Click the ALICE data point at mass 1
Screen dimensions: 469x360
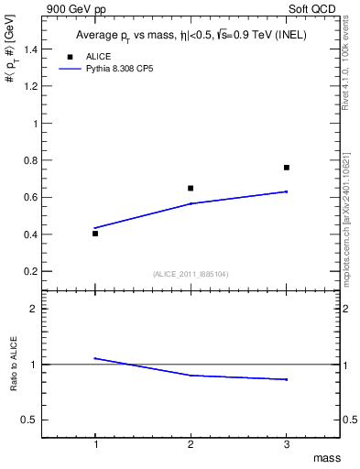(x=95, y=234)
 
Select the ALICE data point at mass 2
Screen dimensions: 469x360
(x=191, y=188)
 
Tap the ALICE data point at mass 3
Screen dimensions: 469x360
(x=287, y=168)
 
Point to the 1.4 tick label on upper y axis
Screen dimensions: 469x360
(x=29, y=49)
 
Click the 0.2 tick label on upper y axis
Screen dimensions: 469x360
(x=29, y=271)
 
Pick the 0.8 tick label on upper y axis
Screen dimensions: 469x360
(x=29, y=160)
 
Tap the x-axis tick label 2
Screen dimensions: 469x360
(x=191, y=443)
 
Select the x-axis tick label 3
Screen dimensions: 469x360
(x=287, y=443)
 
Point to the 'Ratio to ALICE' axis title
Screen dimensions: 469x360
(x=13, y=363)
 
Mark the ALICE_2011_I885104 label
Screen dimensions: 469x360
(x=190, y=274)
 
